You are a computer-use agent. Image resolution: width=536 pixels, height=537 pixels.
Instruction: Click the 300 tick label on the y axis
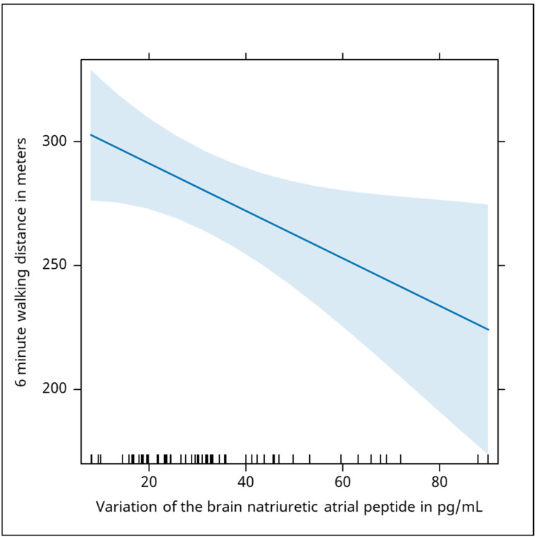click(x=54, y=141)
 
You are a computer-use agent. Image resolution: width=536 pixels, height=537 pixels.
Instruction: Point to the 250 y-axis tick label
click(x=54, y=265)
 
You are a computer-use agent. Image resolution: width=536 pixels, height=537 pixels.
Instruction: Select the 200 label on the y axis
click(x=54, y=389)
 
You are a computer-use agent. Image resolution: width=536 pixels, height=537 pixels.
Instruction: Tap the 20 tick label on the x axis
click(x=149, y=482)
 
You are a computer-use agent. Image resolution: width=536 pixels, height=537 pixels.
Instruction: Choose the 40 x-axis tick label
click(x=246, y=482)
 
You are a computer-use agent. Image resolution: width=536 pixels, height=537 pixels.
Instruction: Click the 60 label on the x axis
click(x=342, y=482)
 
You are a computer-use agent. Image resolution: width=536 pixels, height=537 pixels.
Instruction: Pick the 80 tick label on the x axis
click(x=440, y=482)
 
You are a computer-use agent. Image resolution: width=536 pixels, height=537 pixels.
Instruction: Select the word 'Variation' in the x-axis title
click(x=127, y=507)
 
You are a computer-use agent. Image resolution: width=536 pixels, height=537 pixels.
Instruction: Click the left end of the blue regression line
click(x=90, y=134)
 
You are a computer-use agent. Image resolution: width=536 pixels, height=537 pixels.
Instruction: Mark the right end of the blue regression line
click(x=488, y=330)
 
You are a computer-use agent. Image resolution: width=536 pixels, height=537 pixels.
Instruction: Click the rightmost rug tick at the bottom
click(x=487, y=459)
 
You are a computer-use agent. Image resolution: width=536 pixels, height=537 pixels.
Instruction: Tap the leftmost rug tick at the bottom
click(x=92, y=459)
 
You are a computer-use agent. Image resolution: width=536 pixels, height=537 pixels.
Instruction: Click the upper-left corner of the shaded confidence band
click(x=90, y=70)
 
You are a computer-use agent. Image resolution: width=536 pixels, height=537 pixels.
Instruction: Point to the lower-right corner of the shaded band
click(x=487, y=454)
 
